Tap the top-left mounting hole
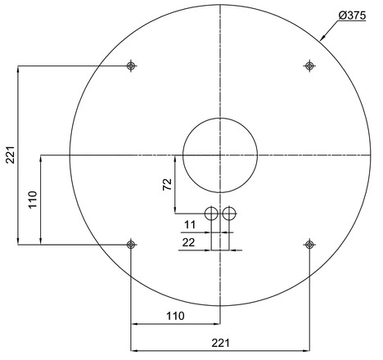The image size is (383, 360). (131, 65)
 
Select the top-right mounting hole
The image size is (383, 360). (309, 65)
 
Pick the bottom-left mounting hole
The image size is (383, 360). (131, 244)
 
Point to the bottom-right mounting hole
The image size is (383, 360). (309, 244)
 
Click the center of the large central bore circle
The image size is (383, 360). (220, 155)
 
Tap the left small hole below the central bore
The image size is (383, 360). (211, 214)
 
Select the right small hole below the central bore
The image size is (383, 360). (229, 214)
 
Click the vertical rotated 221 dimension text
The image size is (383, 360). (10, 155)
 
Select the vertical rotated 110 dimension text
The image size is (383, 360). (33, 200)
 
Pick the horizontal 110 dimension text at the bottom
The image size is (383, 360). (175, 316)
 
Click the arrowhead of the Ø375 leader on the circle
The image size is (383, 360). (321, 38)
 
